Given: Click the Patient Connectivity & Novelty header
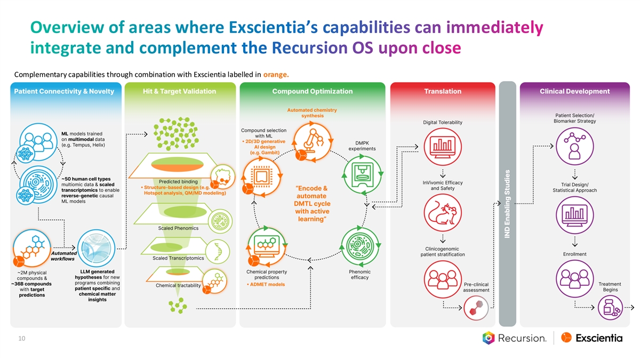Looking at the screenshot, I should (x=64, y=91).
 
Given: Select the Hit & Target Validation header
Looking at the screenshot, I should (x=179, y=91).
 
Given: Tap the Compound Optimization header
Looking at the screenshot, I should (x=312, y=91).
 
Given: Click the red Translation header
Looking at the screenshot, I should (x=443, y=91).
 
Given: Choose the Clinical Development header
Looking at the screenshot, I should (x=574, y=91).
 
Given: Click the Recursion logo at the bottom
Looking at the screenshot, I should (x=515, y=338).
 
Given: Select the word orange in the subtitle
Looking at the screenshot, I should (x=275, y=74).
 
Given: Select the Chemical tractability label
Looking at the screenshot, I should (x=178, y=285).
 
